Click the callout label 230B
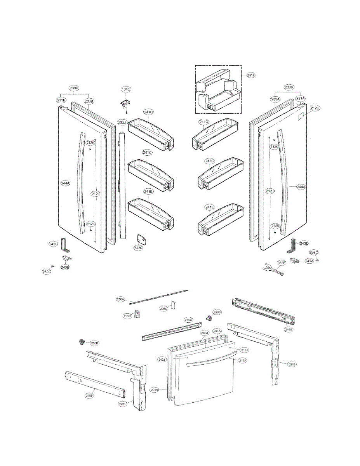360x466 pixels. [74, 88]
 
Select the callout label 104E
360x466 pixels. [126, 89]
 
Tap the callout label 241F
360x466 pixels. [251, 75]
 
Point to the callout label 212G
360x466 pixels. [315, 108]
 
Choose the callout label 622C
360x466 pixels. [138, 248]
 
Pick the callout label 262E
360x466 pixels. [281, 263]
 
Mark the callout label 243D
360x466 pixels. [304, 243]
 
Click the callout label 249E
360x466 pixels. [289, 329]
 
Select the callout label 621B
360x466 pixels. [292, 364]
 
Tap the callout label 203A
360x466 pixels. [155, 389]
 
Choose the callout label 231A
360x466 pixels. [301, 98]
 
